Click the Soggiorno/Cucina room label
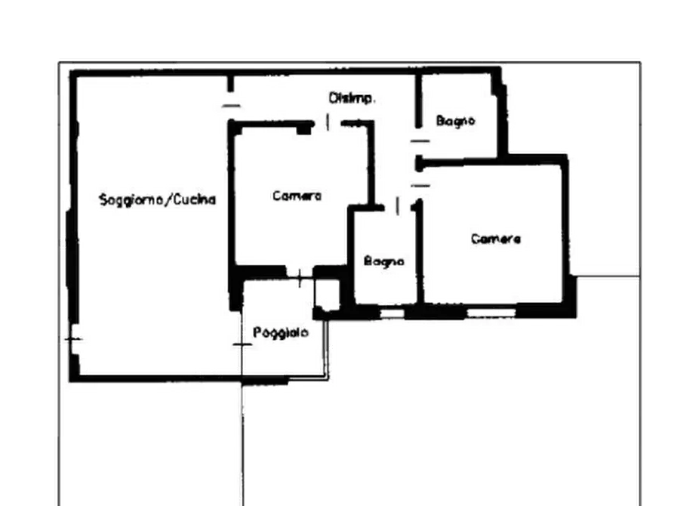click(157, 199)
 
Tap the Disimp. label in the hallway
click(352, 98)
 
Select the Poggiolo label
click(281, 332)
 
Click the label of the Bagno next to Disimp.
click(456, 121)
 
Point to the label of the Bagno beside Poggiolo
click(384, 261)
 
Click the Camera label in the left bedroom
click(297, 196)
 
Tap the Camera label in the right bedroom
click(496, 239)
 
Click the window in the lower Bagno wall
click(392, 313)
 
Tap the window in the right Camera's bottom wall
click(491, 313)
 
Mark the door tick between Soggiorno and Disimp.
click(231, 106)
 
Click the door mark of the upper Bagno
click(420, 140)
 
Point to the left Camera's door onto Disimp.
click(328, 122)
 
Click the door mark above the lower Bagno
click(397, 205)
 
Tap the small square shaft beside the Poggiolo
click(328, 294)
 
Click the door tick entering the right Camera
click(420, 186)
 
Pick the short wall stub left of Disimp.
click(231, 84)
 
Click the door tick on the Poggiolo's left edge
click(242, 344)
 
